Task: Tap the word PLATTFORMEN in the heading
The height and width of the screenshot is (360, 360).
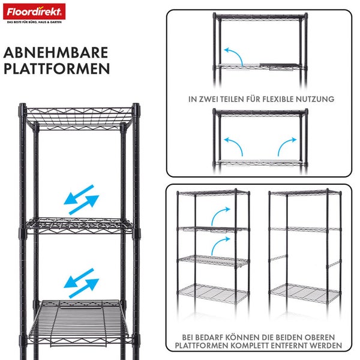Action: (x=57, y=68)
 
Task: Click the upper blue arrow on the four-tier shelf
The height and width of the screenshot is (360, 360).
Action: (x=220, y=214)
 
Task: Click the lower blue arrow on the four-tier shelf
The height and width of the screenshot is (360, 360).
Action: (x=220, y=244)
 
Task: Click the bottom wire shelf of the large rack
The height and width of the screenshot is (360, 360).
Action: (x=82, y=324)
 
